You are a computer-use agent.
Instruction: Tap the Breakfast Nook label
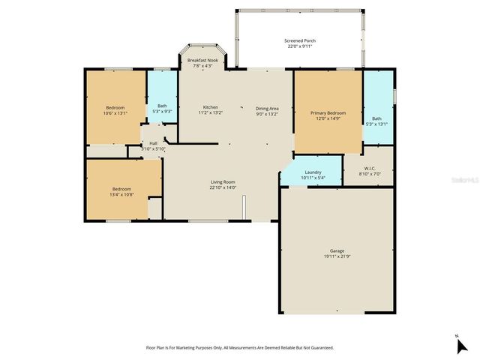point(202,59)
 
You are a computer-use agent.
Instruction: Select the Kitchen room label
point(211,107)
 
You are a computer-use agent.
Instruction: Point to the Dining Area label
point(267,107)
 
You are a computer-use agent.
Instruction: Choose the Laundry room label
point(313,172)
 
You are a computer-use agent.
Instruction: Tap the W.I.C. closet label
point(369,168)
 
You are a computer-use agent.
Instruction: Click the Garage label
point(337,250)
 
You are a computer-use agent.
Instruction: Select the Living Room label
point(223,181)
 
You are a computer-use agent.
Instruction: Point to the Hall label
point(153,143)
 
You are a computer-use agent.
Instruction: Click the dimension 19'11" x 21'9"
point(337,256)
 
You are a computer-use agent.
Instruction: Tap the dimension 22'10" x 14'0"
point(223,187)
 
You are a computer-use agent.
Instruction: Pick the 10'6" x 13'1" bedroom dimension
point(115,113)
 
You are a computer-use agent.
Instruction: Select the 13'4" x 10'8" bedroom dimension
point(121,193)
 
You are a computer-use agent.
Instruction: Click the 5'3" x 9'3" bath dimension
point(162,111)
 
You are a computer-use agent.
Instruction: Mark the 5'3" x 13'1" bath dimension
point(376,123)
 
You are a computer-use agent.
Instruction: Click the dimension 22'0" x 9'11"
point(298,46)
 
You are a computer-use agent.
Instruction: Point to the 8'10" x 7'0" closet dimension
point(369,173)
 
